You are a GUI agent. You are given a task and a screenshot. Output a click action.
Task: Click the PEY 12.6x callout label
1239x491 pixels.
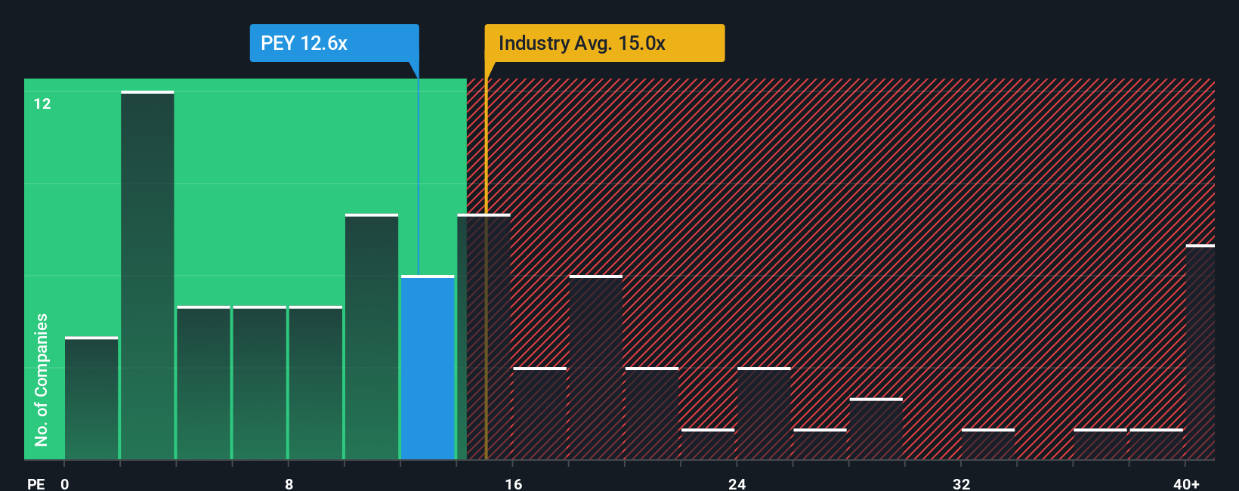tap(334, 43)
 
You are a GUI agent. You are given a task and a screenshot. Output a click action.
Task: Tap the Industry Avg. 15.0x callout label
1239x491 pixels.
tap(604, 43)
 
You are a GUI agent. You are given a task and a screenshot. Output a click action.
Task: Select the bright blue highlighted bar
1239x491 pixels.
tap(428, 368)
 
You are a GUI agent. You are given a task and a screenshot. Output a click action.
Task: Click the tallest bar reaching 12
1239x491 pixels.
tap(147, 276)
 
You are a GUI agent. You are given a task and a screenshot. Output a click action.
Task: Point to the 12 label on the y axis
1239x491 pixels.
tap(42, 103)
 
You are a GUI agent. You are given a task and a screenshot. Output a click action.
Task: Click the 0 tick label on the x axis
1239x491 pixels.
tap(65, 483)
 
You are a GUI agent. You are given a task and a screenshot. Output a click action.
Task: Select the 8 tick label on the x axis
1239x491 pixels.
tap(289, 483)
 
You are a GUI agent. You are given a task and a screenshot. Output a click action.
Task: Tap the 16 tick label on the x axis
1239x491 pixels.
tap(513, 483)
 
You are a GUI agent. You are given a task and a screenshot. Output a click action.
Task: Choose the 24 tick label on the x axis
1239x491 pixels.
tap(737, 483)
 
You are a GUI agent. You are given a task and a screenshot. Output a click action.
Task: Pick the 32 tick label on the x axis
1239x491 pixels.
tap(961, 483)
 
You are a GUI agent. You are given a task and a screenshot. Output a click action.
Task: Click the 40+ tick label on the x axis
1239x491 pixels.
tap(1186, 483)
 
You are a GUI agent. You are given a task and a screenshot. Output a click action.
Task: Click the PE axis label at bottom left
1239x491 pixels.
tap(36, 483)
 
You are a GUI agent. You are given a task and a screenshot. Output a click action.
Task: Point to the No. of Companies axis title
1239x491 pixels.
tap(42, 379)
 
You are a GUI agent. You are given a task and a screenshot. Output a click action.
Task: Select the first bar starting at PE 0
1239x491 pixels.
tap(91, 399)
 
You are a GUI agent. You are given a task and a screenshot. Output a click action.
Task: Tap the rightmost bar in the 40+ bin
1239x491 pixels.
tap(1200, 353)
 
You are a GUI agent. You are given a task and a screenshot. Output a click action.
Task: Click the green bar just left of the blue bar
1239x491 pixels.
tap(372, 338)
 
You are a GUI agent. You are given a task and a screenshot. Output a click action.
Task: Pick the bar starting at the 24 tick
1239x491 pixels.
tap(764, 414)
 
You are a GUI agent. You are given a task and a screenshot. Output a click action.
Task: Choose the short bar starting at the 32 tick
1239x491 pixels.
tap(988, 444)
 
